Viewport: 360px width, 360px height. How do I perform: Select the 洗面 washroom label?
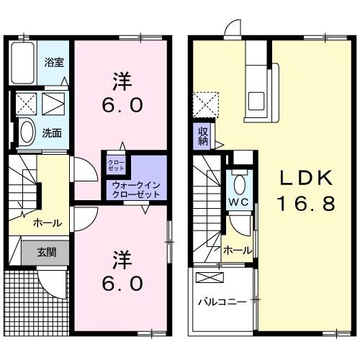coord(50,132)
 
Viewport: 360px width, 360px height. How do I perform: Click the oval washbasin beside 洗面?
coord(27,132)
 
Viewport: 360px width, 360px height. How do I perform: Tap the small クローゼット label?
coord(116,165)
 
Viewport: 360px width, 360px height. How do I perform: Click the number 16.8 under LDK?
coord(307,204)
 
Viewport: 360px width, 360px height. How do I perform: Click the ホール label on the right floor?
coord(237,250)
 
